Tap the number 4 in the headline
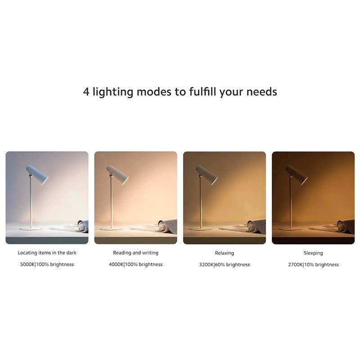tap(86, 92)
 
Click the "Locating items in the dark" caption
tap(47, 253)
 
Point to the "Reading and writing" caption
tap(135, 253)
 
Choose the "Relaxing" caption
tap(224, 253)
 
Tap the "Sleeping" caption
tap(313, 253)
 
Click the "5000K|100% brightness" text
tap(47, 265)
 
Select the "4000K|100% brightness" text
tap(135, 265)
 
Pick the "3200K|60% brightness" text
tap(224, 265)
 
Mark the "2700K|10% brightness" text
tap(313, 265)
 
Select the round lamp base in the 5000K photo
tap(31, 229)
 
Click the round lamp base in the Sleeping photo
tap(290, 229)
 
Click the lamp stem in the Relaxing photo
tap(201, 202)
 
